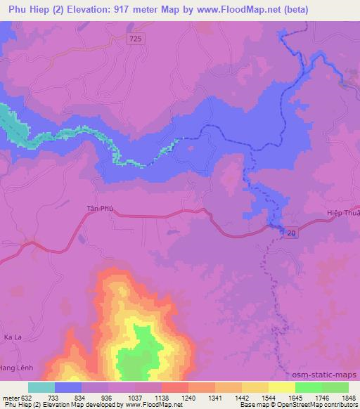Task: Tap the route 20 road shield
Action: [290, 233]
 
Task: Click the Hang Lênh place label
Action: [17, 368]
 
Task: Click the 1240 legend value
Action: [189, 397]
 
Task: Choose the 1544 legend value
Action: [269, 397]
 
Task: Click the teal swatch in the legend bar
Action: [41, 387]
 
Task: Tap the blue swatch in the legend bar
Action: [68, 387]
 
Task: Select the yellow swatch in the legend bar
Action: [282, 387]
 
